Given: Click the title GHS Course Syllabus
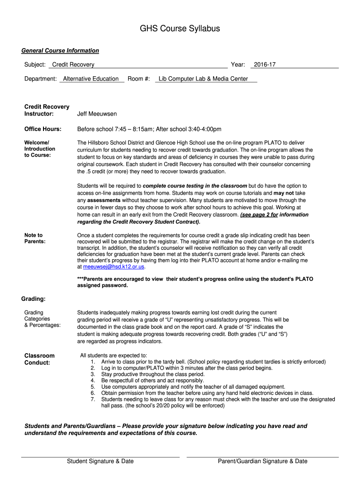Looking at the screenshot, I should tap(180, 29).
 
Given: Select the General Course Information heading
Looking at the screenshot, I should tap(60, 51).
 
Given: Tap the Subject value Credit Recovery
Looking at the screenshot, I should tap(73, 65).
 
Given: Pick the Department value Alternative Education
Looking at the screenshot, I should tap(91, 79).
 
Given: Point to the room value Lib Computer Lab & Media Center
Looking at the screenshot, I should tap(203, 79).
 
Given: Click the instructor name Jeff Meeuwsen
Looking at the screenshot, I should tap(97, 114).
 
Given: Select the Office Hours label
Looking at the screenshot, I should tap(43, 129).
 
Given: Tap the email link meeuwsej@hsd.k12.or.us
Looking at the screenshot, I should tap(114, 267).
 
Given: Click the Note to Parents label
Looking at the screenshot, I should tap(35, 238).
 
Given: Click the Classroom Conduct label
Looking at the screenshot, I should tap(39, 359).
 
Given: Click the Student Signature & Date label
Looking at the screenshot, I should tap(100, 461).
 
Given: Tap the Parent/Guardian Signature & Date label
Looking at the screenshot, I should tap(262, 461).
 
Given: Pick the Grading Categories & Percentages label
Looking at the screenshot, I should tap(42, 319).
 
